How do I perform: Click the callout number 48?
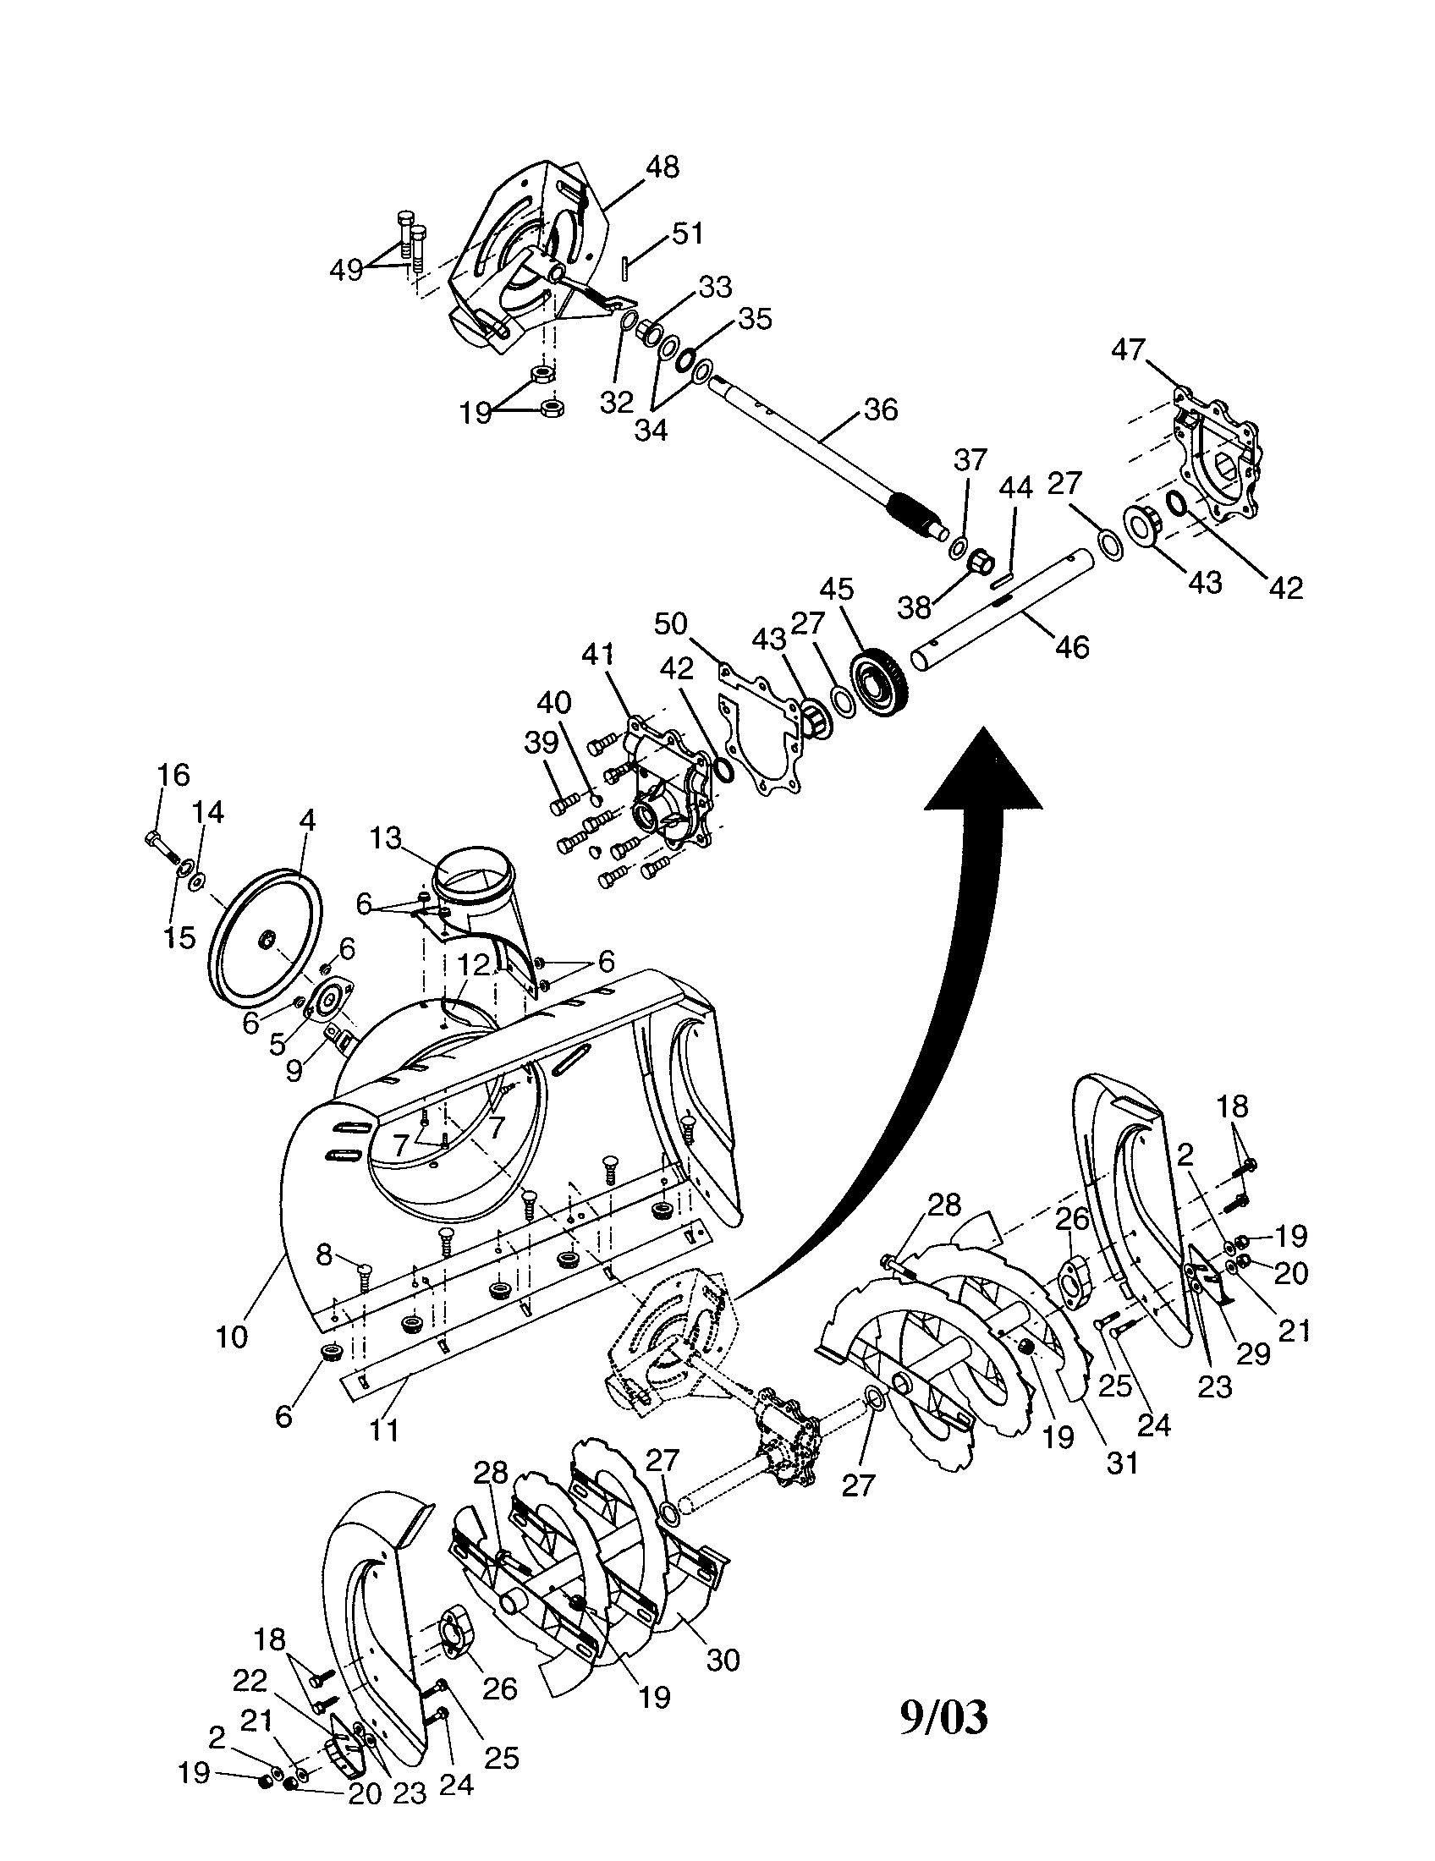pyautogui.click(x=663, y=166)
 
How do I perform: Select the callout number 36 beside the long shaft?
pyautogui.click(x=880, y=410)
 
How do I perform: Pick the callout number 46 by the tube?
pyautogui.click(x=1071, y=647)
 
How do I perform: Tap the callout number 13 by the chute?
pyautogui.click(x=385, y=838)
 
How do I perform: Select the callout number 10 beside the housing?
pyautogui.click(x=232, y=1336)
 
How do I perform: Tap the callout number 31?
pyautogui.click(x=1121, y=1463)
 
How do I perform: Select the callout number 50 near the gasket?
pyautogui.click(x=671, y=623)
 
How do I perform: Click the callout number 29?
pyautogui.click(x=1252, y=1354)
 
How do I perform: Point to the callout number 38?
pyautogui.click(x=915, y=607)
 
